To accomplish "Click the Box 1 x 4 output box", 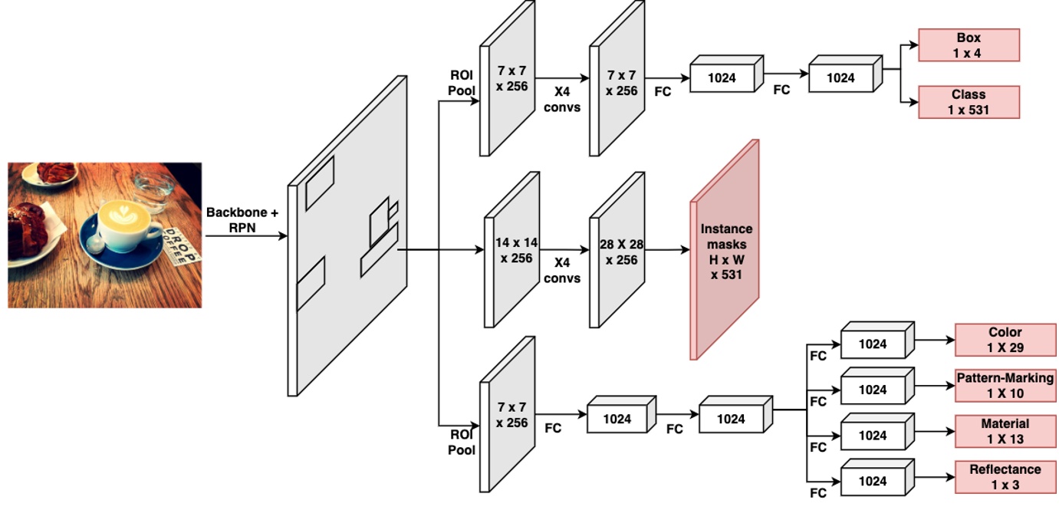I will click(969, 44).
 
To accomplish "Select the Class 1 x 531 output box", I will click(969, 102).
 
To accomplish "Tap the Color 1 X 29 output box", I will click(1005, 340).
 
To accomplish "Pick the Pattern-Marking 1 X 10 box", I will click(1005, 386).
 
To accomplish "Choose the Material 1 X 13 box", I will click(1005, 431).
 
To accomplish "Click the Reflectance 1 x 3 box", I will click(1005, 476).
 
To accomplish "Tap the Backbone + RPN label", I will click(242, 219).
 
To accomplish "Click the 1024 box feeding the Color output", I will click(873, 344).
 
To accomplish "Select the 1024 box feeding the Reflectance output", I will click(873, 481).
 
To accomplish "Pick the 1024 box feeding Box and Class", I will click(841, 77).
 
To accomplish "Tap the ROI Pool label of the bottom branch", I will click(462, 443).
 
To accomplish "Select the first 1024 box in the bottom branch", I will click(617, 419).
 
